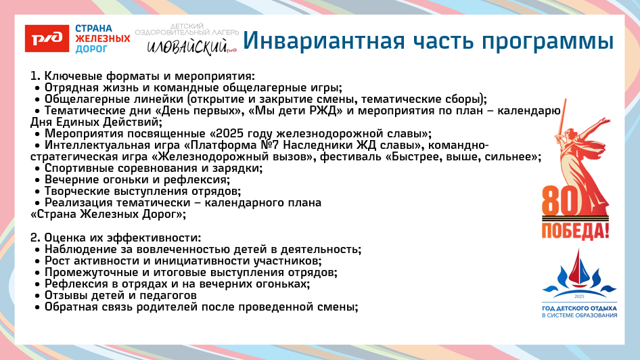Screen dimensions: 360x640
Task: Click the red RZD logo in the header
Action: (x=47, y=39)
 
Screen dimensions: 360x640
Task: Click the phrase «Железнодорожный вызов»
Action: (x=234, y=156)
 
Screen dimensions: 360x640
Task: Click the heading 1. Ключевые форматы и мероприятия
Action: (x=142, y=76)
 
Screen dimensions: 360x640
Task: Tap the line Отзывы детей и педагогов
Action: (x=120, y=295)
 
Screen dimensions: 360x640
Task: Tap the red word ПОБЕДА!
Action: (x=574, y=230)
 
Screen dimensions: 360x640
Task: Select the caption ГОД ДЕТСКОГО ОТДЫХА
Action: (x=579, y=308)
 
